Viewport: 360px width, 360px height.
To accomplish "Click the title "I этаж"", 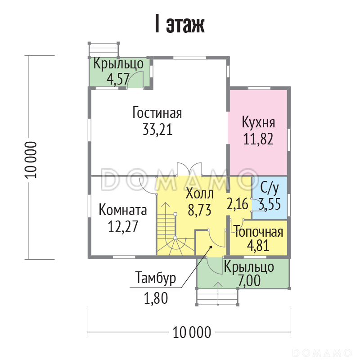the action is (x=180, y=24).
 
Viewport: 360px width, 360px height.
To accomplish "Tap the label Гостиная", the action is (x=157, y=113).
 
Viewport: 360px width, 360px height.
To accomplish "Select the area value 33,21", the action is (x=157, y=130).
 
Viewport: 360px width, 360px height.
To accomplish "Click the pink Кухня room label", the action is (x=258, y=123).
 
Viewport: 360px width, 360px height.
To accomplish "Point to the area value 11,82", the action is (x=258, y=139).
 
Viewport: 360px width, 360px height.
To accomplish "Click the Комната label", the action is (x=123, y=210).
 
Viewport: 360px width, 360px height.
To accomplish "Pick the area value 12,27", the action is (x=123, y=227).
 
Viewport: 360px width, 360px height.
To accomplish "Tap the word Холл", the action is (x=199, y=193).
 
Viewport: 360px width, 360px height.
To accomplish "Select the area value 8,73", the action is (x=199, y=210).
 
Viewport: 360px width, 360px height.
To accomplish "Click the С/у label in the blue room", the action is (x=270, y=189).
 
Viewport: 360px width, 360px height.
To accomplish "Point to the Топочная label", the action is (x=258, y=232).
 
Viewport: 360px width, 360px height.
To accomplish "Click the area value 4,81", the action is (x=258, y=245).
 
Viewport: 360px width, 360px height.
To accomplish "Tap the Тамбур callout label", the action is (x=156, y=278).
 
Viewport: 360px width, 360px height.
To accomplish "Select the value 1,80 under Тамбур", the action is (x=156, y=298).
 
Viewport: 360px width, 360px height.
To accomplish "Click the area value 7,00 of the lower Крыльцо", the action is (x=249, y=280).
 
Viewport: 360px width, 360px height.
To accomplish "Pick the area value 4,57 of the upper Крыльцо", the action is (x=118, y=79).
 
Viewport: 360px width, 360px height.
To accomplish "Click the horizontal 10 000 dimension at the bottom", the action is (x=192, y=332).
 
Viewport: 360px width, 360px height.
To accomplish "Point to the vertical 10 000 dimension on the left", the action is (x=30, y=160).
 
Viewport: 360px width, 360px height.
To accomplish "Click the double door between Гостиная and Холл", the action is (x=189, y=170).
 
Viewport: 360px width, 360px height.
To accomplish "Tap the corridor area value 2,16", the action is (x=238, y=204).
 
